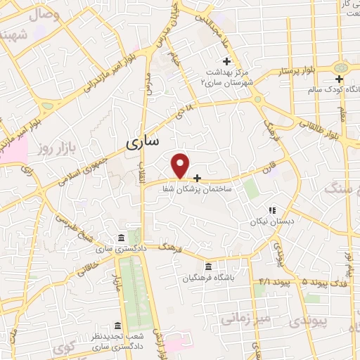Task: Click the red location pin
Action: [181, 165]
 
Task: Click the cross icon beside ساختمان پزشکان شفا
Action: [197, 178]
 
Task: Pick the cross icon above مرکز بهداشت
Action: [226, 60]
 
